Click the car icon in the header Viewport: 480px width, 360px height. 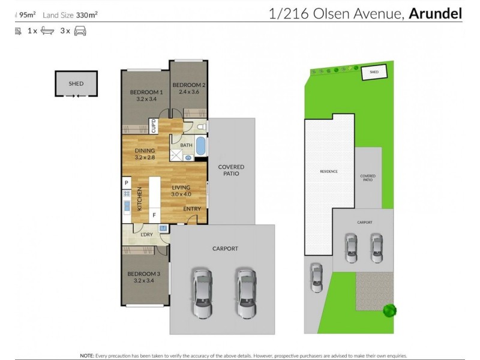(x=80, y=31)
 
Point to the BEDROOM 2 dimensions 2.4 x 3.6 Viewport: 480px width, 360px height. (x=189, y=92)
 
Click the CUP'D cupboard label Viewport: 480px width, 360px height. (x=154, y=127)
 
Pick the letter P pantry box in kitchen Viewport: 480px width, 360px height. (x=127, y=182)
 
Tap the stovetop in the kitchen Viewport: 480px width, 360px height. (x=127, y=193)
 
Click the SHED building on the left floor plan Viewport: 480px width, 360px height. (x=76, y=84)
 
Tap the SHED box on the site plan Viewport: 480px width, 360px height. (x=374, y=72)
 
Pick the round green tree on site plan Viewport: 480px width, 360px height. (x=390, y=310)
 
